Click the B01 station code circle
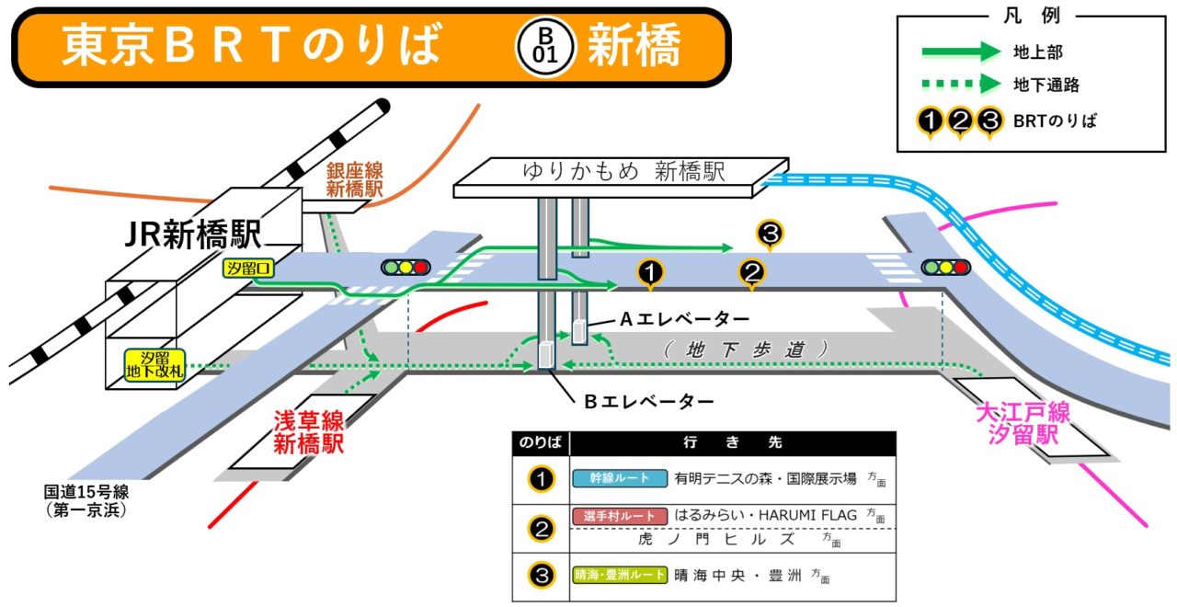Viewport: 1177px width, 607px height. point(546,45)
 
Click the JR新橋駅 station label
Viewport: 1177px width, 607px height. point(193,235)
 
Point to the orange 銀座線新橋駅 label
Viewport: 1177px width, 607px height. point(354,179)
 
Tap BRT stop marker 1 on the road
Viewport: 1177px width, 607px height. point(651,272)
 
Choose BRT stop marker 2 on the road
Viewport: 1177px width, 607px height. point(752,272)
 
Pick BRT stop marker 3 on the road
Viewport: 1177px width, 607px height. point(770,234)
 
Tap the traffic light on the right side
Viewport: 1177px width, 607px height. point(946,268)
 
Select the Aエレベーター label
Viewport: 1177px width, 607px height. point(685,318)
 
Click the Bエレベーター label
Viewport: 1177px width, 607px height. point(649,401)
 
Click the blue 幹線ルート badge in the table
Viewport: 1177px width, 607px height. point(619,478)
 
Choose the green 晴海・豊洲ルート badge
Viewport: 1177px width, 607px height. point(619,576)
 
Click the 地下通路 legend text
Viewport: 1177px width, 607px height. point(1046,86)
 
